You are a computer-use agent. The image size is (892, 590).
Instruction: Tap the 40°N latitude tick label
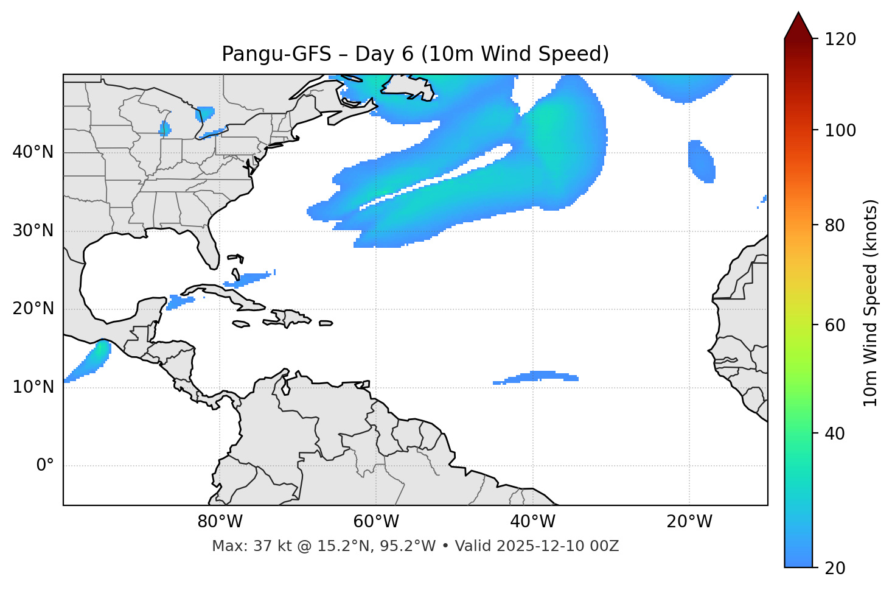tap(33, 152)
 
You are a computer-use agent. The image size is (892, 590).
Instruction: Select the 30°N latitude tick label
tap(33, 231)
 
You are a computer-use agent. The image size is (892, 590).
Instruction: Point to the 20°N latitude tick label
tap(33, 309)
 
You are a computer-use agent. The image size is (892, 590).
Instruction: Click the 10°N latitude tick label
tap(33, 387)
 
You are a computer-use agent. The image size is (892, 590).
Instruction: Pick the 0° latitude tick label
tap(44, 466)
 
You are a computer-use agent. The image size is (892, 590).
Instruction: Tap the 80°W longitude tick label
tap(220, 522)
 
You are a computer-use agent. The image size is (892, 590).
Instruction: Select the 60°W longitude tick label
tap(376, 522)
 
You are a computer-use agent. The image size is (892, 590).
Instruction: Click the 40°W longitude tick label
tap(532, 522)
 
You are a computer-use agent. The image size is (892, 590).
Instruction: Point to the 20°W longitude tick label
tap(689, 522)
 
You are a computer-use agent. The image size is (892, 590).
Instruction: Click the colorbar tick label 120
tap(840, 40)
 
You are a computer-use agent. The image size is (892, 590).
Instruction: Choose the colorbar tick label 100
tap(840, 130)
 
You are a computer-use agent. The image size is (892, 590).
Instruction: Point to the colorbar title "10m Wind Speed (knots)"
tap(871, 303)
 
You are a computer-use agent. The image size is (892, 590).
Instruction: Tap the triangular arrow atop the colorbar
tap(798, 26)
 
